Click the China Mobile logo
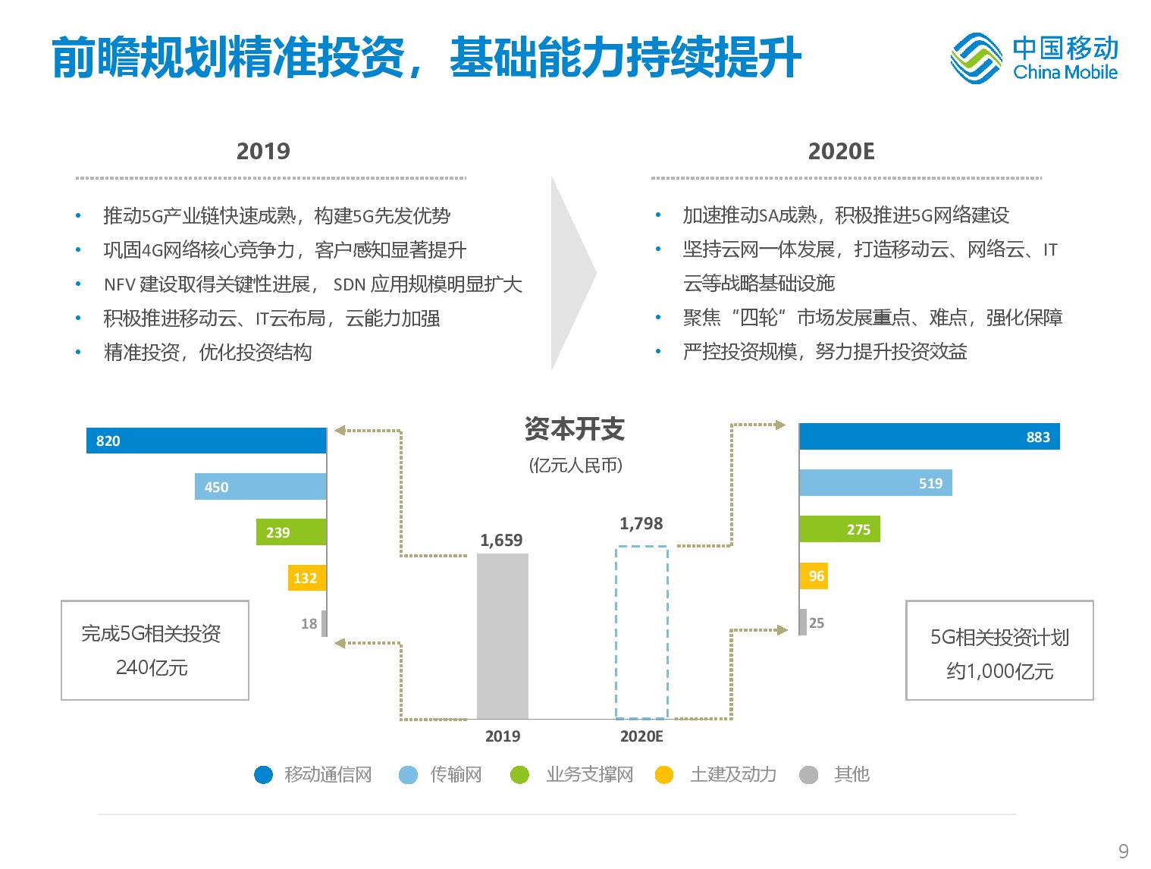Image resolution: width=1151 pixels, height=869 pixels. pyautogui.click(x=1033, y=58)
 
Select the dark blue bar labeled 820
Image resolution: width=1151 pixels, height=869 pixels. pyautogui.click(x=206, y=440)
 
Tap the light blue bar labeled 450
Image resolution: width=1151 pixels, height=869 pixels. pyautogui.click(x=260, y=486)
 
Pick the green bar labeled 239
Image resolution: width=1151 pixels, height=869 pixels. pyautogui.click(x=291, y=532)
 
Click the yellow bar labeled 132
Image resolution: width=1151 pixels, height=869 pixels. pyautogui.click(x=307, y=577)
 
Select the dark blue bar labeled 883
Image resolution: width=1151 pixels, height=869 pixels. pyautogui.click(x=929, y=436)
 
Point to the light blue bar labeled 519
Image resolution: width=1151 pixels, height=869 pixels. pyautogui.click(x=876, y=482)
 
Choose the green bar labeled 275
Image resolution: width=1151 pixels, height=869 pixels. pyautogui.click(x=839, y=529)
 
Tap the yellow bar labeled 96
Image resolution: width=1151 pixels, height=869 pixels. pyautogui.click(x=814, y=576)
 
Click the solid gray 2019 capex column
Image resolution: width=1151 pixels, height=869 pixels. pyautogui.click(x=503, y=636)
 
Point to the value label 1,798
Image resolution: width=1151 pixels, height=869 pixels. pyautogui.click(x=641, y=523)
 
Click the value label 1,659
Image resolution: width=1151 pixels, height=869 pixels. pyautogui.click(x=501, y=540)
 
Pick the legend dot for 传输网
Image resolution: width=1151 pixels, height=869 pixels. pyautogui.click(x=408, y=775)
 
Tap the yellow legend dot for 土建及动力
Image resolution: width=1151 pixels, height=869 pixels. pyautogui.click(x=664, y=775)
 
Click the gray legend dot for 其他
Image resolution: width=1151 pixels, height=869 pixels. pyautogui.click(x=808, y=775)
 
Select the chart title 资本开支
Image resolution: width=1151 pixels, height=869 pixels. pyautogui.click(x=575, y=428)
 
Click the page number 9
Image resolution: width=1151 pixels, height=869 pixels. pyautogui.click(x=1123, y=851)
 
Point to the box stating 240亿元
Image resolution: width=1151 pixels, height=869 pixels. pyautogui.click(x=155, y=650)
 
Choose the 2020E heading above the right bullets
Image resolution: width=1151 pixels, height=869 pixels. pyautogui.click(x=841, y=151)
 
